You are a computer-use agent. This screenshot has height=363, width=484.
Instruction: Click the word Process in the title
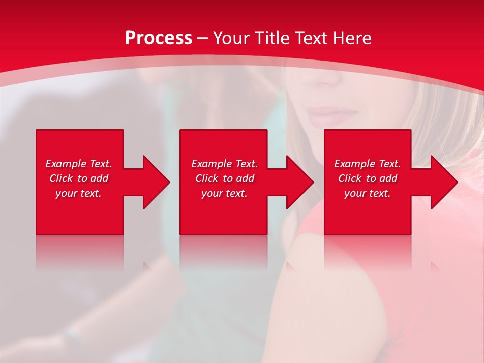[x=158, y=38]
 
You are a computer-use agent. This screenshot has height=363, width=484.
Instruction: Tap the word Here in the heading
[x=352, y=38]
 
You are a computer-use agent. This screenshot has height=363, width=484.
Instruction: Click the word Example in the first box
[x=66, y=164]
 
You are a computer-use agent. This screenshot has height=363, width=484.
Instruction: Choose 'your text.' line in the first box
[x=79, y=193]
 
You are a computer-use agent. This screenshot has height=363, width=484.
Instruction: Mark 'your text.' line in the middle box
[x=224, y=193]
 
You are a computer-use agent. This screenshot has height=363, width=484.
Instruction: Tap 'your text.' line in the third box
[x=367, y=193]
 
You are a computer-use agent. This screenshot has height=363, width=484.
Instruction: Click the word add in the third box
[x=388, y=178]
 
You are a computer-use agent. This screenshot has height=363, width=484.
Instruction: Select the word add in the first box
[x=99, y=178]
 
